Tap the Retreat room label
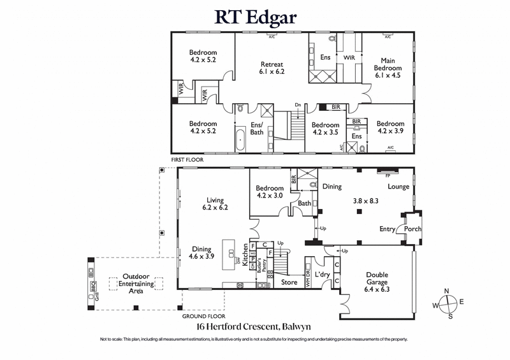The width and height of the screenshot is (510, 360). point(272,68)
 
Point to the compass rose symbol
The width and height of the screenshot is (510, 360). point(449,303)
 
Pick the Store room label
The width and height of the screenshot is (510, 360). point(289,282)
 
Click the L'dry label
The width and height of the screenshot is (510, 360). point(323,275)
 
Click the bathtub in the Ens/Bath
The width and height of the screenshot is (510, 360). point(240,138)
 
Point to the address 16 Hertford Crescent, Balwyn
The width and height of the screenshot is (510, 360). point(254,326)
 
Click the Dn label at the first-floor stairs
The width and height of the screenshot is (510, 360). point(298,105)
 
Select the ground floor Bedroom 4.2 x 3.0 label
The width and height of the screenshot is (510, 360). point(270,192)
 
